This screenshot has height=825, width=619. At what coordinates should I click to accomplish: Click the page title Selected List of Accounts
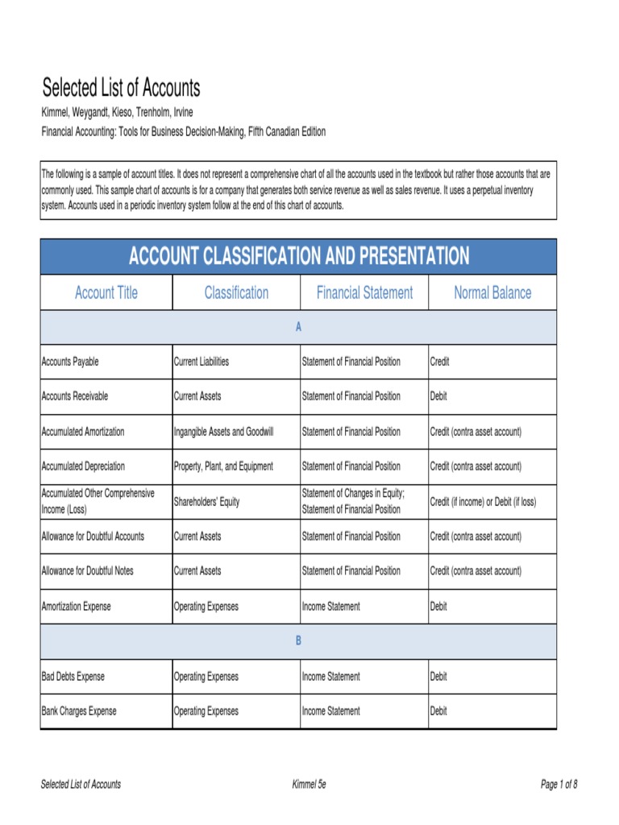point(121,88)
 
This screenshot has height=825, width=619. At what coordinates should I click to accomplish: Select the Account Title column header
point(106,292)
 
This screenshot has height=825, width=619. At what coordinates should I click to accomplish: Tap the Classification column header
point(236,292)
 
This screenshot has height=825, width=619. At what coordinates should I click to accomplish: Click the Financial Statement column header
point(364,292)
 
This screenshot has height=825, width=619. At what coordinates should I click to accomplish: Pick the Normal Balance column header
point(492,292)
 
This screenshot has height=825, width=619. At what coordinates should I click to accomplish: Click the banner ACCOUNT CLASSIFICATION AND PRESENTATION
point(298,257)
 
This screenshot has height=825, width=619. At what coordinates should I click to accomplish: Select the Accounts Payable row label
point(70,362)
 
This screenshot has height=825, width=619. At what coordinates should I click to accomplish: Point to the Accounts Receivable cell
point(74,396)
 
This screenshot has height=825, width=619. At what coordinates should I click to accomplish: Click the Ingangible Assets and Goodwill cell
point(223,432)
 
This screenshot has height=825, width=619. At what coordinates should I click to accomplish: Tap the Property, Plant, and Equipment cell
point(223,466)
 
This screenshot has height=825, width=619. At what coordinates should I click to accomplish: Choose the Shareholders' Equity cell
point(206,502)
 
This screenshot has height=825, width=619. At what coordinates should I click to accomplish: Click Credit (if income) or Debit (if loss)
point(483,502)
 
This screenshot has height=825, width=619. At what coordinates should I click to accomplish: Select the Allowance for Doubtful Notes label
point(87,571)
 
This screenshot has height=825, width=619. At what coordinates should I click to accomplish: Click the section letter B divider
point(298,641)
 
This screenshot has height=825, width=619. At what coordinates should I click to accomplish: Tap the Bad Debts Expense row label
point(73,677)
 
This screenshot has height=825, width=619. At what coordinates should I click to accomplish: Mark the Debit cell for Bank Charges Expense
point(438,711)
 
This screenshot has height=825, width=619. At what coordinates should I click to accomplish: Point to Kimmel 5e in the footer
point(309,785)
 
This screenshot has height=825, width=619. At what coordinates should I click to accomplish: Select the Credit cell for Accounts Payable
point(439,362)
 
